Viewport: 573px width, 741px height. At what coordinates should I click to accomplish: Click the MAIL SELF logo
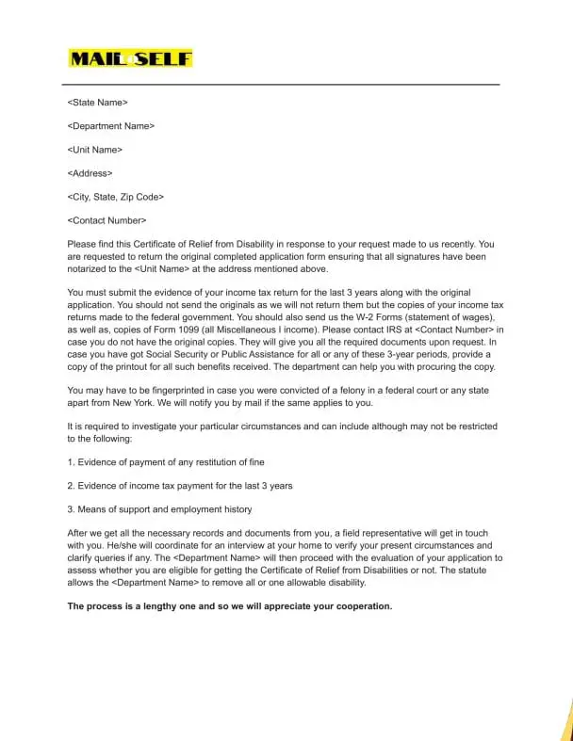click(130, 58)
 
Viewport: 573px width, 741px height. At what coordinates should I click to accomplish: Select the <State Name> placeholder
click(98, 102)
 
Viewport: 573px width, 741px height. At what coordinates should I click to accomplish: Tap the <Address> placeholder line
click(90, 173)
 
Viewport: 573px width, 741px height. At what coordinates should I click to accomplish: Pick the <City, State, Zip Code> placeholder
click(116, 197)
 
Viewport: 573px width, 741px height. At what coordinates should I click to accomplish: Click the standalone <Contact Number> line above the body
click(107, 220)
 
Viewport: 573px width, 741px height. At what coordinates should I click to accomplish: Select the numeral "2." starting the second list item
click(71, 486)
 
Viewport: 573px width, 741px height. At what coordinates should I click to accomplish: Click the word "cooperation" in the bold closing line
click(360, 605)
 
